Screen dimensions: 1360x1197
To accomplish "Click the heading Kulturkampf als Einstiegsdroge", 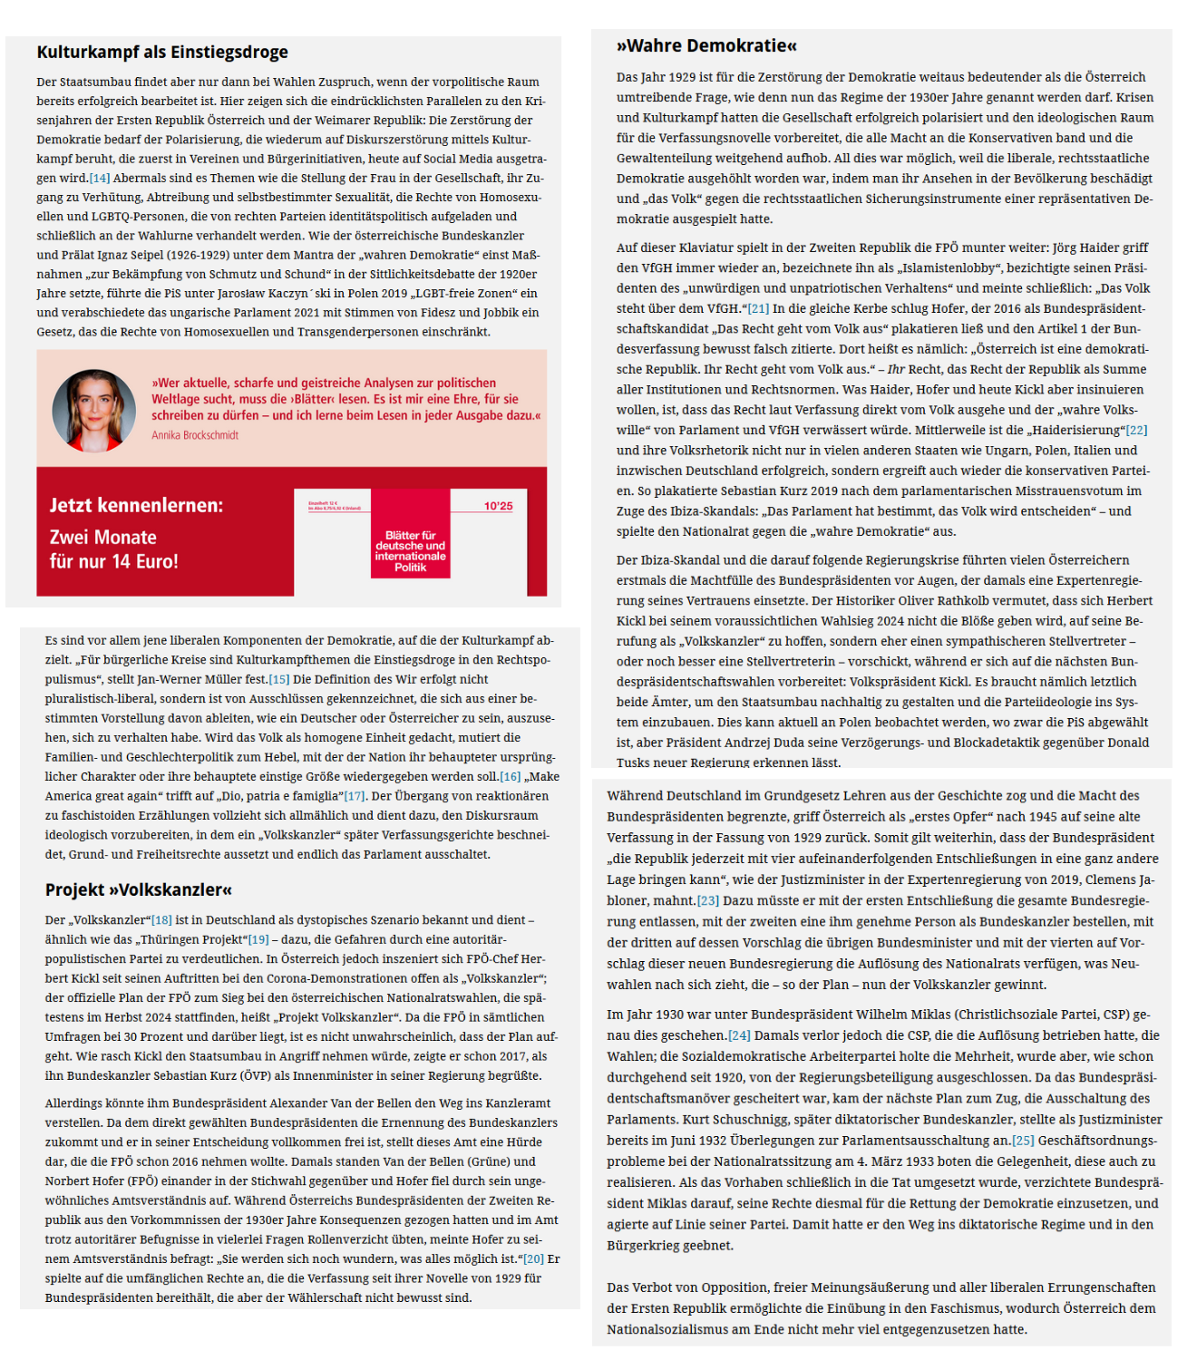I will (162, 52).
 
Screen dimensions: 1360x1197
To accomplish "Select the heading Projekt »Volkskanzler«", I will (139, 889).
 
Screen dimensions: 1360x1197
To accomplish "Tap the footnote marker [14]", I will (100, 178).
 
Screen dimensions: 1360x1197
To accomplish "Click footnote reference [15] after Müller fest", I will (278, 679).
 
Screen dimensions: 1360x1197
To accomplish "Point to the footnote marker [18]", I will (161, 920).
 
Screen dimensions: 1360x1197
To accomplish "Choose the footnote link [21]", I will (758, 308).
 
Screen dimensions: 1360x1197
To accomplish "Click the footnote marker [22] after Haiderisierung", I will (1136, 430).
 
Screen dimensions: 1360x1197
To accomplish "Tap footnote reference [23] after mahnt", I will (708, 900).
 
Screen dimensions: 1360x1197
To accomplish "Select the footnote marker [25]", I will (1023, 1141).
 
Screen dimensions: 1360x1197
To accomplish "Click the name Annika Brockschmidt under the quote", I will (195, 435).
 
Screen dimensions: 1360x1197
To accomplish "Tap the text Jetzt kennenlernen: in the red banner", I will (136, 505).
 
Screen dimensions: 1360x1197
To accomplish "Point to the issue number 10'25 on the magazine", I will (498, 506).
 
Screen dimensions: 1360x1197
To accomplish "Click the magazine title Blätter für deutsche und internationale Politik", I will (410, 551).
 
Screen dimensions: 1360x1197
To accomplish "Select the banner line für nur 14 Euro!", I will (114, 561).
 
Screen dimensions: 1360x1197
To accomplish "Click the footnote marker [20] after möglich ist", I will (534, 1258).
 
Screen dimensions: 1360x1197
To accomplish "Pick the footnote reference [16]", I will (511, 776).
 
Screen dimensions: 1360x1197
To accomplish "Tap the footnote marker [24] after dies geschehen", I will (739, 1035).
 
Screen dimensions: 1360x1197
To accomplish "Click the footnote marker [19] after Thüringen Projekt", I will (258, 939).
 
